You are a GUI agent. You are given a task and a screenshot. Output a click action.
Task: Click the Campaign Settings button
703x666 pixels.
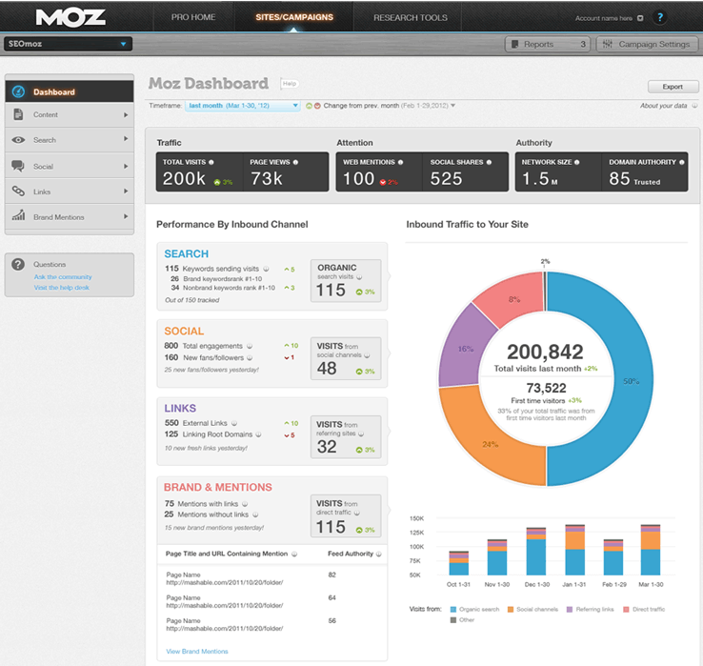[647, 44]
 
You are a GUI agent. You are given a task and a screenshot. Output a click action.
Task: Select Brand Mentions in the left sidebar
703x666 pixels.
[59, 217]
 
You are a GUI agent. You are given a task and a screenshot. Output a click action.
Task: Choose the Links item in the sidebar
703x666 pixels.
[42, 192]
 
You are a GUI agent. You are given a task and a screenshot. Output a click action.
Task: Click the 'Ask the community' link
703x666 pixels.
[63, 276]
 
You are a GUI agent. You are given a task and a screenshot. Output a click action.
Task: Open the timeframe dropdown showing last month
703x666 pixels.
[243, 106]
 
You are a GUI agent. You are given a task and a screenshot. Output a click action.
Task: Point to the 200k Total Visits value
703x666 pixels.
[185, 178]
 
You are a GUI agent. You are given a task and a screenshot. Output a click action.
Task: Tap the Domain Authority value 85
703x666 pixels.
[619, 178]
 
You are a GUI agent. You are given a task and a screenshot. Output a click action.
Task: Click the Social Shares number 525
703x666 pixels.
[446, 178]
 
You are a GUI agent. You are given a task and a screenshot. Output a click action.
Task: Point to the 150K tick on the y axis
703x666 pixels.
[417, 518]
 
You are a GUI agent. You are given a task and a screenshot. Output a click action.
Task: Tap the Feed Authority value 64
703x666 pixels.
[332, 597]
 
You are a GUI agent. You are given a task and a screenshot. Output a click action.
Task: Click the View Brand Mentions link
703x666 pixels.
[197, 651]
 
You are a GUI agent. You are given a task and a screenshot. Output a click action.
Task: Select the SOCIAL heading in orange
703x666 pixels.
[184, 331]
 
